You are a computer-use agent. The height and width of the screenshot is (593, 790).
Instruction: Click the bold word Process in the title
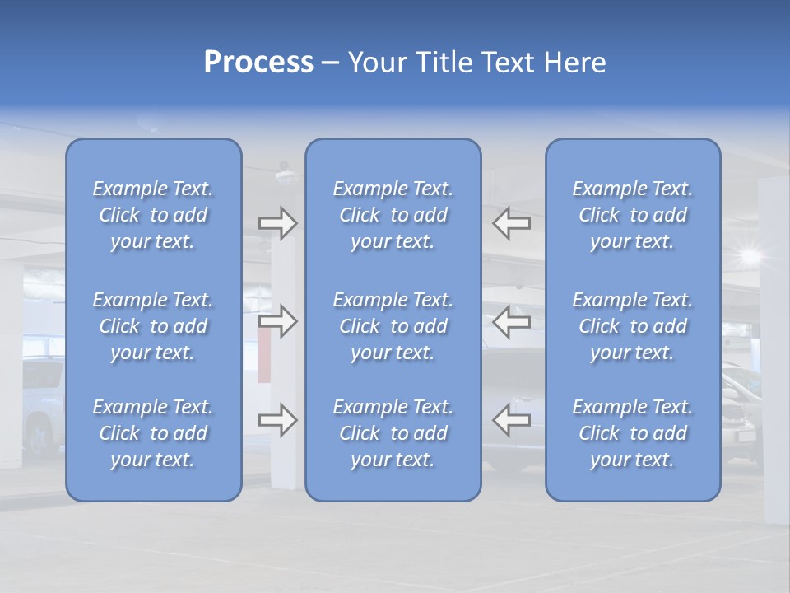point(258,63)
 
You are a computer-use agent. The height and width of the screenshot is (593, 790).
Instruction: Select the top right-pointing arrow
point(277,223)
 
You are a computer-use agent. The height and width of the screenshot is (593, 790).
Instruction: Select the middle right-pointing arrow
point(277,321)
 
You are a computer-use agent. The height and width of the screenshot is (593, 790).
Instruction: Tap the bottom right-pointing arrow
point(277,420)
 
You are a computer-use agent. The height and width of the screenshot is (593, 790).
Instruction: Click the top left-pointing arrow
point(511,223)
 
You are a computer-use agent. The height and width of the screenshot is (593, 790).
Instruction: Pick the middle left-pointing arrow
point(511,321)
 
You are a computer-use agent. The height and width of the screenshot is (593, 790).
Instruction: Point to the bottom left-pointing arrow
point(511,420)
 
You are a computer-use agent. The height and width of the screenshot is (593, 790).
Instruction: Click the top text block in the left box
point(153,215)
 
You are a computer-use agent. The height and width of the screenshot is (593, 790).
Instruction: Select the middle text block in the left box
point(153,326)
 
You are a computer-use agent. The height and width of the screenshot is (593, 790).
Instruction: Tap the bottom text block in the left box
point(153,433)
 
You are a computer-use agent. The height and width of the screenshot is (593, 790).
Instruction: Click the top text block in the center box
point(393,215)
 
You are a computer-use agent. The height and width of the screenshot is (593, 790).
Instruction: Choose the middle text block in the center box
point(393,326)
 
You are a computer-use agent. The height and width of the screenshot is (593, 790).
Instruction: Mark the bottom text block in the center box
point(393,433)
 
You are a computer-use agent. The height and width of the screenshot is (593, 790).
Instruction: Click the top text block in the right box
point(632,215)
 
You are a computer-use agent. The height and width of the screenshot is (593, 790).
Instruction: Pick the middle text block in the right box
point(632,326)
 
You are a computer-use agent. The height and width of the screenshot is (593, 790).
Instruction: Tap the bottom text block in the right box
point(632,433)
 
